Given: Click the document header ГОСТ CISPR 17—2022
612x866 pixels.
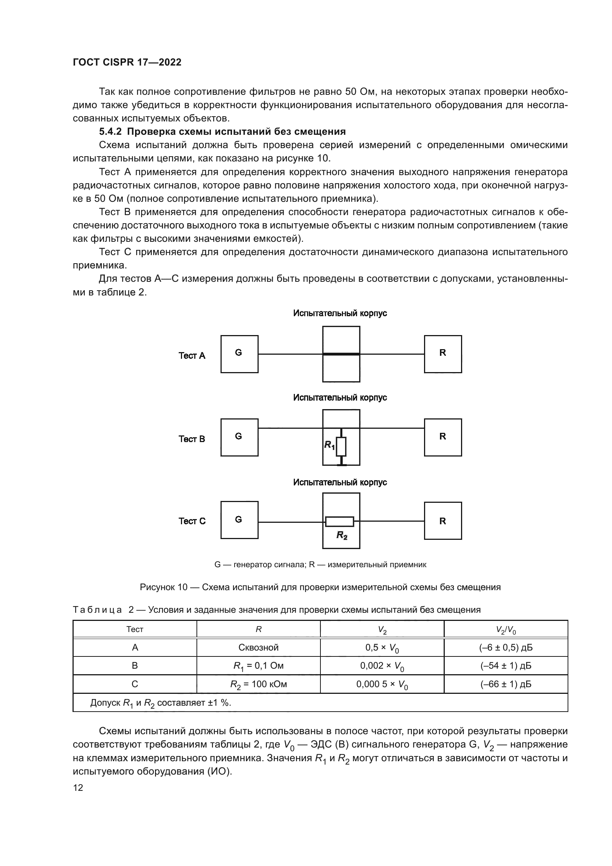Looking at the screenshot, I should click(127, 62).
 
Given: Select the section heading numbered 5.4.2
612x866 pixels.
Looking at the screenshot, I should click(222, 132).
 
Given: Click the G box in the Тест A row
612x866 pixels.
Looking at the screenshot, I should click(239, 354).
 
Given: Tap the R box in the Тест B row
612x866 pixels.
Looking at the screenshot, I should click(443, 437).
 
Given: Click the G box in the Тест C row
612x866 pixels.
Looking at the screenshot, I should click(239, 520).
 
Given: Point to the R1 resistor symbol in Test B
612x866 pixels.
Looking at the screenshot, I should click(341, 447).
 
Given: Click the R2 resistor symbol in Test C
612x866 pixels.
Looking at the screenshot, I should click(340, 522).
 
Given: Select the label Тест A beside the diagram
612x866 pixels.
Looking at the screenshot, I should click(192, 356).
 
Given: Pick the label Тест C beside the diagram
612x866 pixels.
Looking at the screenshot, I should click(192, 521).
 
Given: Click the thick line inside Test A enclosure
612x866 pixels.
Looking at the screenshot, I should click(341, 354).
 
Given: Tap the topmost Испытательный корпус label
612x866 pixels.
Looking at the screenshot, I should click(340, 313).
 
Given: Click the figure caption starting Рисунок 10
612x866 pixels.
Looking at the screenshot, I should click(320, 587).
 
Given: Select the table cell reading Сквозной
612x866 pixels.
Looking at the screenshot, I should click(259, 648).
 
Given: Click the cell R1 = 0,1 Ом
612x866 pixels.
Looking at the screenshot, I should click(259, 666).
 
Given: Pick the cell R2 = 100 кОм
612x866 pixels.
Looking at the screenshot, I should click(259, 684).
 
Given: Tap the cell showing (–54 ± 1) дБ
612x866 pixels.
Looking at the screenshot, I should click(506, 666).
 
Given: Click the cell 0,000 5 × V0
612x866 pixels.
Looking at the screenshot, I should click(382, 684).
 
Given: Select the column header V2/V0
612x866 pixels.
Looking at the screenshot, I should click(506, 629).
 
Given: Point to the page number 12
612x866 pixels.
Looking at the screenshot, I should click(78, 788).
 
